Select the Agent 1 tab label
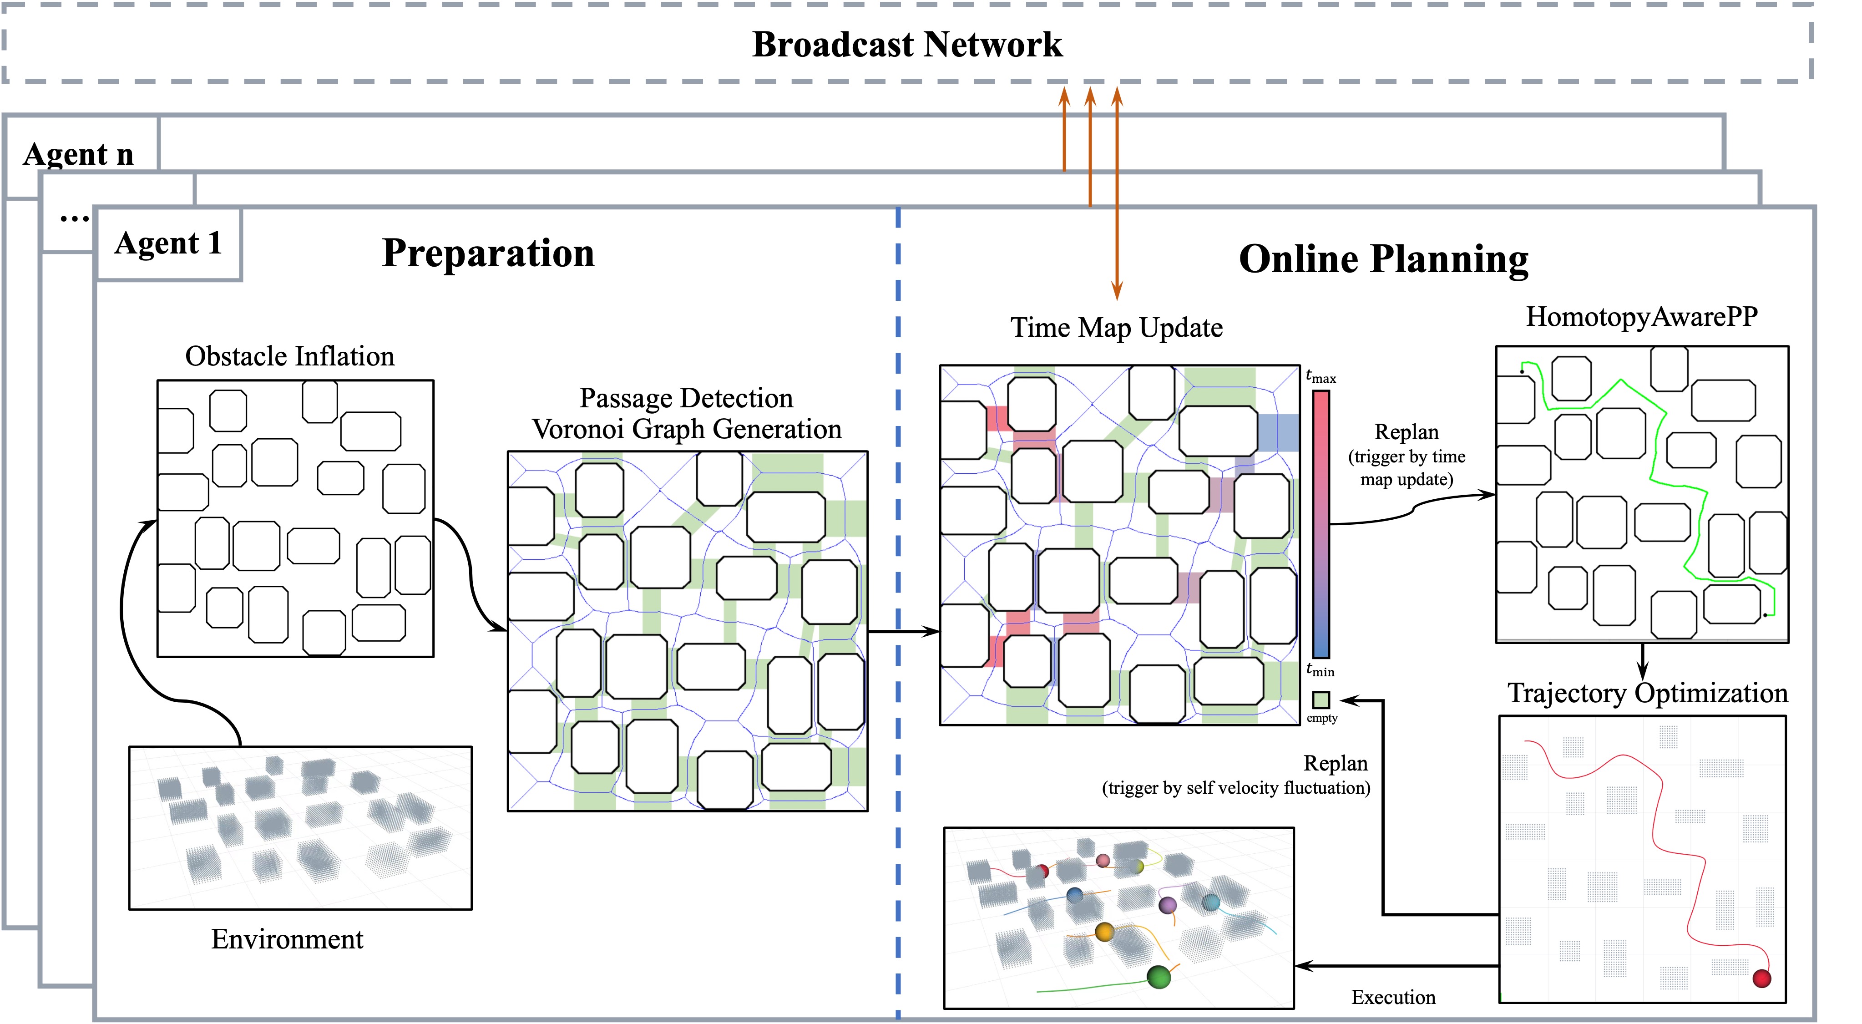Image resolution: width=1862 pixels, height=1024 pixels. [168, 243]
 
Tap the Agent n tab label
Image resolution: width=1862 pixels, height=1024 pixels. [78, 154]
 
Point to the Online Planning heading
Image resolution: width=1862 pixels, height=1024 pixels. [1383, 259]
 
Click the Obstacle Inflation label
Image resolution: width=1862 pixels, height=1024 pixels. [290, 356]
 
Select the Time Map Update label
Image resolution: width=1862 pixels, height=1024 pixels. [1116, 328]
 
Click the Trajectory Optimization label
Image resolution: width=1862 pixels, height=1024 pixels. [1647, 693]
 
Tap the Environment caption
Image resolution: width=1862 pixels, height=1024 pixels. [287, 939]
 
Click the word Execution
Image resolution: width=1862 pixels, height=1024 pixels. [1393, 997]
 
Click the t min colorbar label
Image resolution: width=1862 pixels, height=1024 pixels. [1320, 670]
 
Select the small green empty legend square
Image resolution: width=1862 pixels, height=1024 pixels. [1321, 700]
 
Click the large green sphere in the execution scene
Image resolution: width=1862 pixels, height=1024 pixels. [1158, 978]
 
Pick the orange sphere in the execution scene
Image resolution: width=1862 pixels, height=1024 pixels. [1104, 932]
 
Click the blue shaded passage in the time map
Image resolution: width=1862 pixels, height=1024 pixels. [1278, 432]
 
